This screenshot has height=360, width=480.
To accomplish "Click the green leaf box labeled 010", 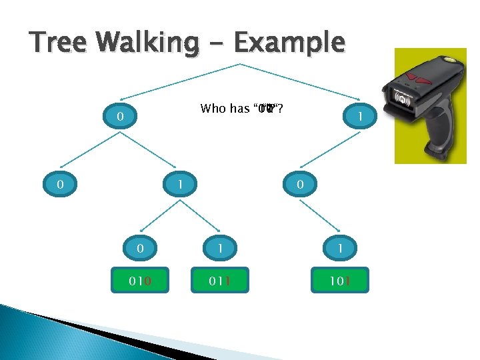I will tap(139, 280).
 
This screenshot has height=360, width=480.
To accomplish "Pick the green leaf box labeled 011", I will tap(219, 280).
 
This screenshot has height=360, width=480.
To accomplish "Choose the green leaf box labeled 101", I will tap(339, 280).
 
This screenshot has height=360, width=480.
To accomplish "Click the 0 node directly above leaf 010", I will tap(139, 249).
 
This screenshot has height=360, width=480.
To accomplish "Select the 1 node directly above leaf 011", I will tap(219, 249).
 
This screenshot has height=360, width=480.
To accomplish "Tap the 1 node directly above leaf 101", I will tap(339, 249).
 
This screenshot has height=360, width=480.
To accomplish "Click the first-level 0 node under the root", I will tap(119, 117).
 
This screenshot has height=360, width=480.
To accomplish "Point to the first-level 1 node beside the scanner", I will tap(359, 117).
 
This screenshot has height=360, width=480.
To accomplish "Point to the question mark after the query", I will tap(281, 109).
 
